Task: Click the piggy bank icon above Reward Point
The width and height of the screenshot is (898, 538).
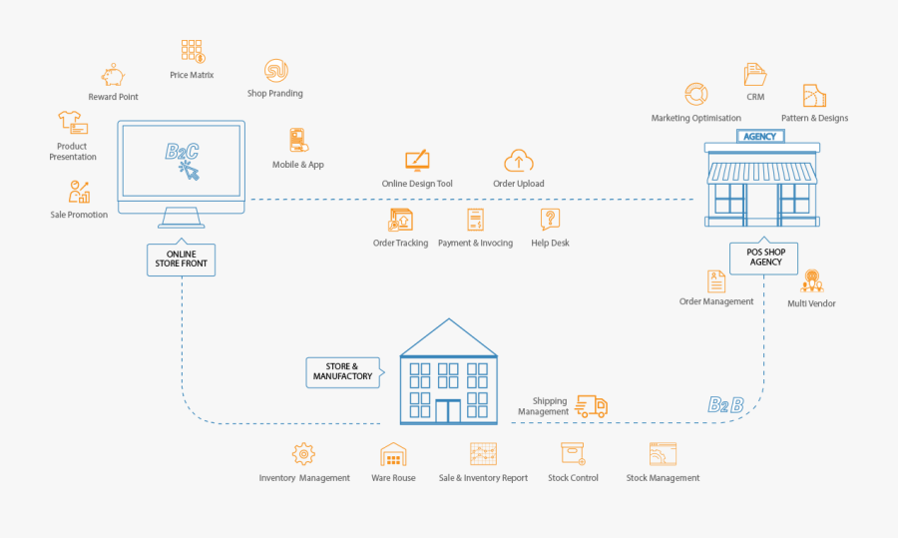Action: [x=113, y=75]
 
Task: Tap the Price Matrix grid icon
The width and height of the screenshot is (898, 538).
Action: [x=192, y=51]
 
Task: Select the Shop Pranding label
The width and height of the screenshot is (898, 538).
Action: [x=275, y=94]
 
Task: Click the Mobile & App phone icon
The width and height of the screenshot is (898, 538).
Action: [x=297, y=140]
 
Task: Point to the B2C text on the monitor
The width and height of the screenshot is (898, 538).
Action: [x=182, y=152]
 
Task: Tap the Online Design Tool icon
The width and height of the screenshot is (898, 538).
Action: [x=417, y=160]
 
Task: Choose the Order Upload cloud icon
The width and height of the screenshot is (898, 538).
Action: [x=518, y=160]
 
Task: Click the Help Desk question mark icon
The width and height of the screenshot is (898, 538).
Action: [x=550, y=220]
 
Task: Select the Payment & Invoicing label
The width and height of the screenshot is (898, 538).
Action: [x=475, y=243]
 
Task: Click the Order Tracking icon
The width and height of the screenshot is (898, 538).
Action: [x=400, y=220]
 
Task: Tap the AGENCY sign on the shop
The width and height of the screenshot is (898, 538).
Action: [x=761, y=136]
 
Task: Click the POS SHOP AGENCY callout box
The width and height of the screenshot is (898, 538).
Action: [x=766, y=257]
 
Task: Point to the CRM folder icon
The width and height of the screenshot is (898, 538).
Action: [x=755, y=74]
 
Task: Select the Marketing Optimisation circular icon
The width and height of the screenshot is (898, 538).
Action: [x=695, y=95]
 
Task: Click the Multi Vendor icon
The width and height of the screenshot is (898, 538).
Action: [x=811, y=280]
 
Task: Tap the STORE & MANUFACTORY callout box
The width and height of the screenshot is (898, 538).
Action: [x=342, y=371]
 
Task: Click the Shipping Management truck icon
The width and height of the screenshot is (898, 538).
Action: [x=592, y=405]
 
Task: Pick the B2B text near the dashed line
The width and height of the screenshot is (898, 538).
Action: [x=725, y=404]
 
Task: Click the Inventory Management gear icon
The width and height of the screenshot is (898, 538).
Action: [x=304, y=454]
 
